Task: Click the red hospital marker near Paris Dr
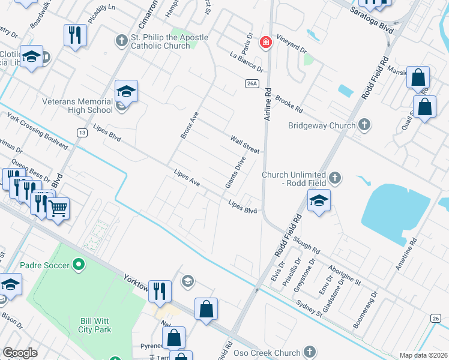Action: coord(265,43)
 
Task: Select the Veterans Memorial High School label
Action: coord(77,106)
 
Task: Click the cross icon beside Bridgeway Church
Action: coord(363,125)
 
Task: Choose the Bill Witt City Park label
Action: coord(96,325)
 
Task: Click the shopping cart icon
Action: coord(58,208)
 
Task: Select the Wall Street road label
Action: coord(244,144)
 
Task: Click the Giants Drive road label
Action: coord(235,172)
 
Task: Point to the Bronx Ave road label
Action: coord(189,125)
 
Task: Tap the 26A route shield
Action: coord(252,83)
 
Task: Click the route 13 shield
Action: coord(80,131)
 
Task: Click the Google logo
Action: coord(20,353)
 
